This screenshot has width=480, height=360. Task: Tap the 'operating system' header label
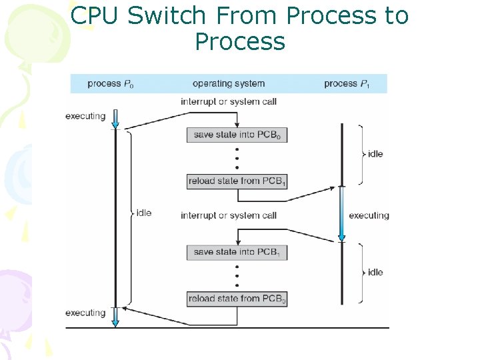click(x=229, y=83)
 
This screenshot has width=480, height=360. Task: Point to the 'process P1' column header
click(x=347, y=83)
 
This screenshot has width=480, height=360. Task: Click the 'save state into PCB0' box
click(x=237, y=135)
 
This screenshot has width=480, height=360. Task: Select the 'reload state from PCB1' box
click(x=237, y=181)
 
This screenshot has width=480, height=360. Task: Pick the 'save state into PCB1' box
click(x=237, y=252)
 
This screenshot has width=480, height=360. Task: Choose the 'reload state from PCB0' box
click(x=237, y=299)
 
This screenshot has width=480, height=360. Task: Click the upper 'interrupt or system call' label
click(x=229, y=101)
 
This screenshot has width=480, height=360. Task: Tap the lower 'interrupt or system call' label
click(x=229, y=215)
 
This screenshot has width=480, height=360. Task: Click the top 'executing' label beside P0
click(x=85, y=116)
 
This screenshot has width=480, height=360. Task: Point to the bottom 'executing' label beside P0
click(x=85, y=313)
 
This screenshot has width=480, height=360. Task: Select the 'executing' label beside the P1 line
click(x=369, y=215)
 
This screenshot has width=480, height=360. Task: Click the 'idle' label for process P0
click(x=143, y=213)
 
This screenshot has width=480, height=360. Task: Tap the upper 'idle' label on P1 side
click(x=375, y=154)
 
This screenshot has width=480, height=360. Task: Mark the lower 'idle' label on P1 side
click(x=375, y=272)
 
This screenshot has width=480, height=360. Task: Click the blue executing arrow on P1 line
click(x=341, y=214)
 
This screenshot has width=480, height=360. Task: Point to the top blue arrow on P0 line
click(x=115, y=119)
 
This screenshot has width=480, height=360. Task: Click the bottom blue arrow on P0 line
click(x=115, y=316)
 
